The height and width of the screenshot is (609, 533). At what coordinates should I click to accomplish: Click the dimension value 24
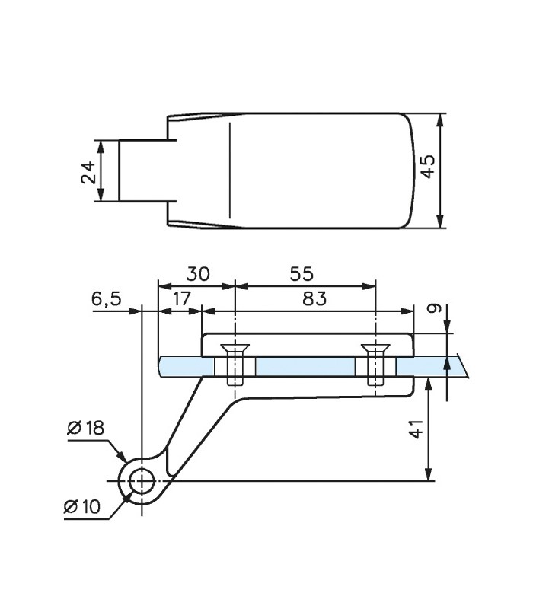88,172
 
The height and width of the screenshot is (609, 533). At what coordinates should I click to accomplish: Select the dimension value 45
429,167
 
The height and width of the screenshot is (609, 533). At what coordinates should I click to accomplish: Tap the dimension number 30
198,274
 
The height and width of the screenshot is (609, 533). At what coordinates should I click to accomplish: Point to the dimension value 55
302,274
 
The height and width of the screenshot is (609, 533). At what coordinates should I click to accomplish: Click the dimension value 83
314,299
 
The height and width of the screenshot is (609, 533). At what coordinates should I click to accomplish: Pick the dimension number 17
181,299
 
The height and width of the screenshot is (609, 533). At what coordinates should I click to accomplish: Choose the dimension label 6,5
107,299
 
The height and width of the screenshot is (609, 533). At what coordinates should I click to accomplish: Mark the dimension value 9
434,308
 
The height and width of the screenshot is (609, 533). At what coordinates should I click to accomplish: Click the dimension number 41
417,429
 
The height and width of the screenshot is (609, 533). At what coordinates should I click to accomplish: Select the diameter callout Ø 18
86,428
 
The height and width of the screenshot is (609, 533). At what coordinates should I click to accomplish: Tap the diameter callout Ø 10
82,506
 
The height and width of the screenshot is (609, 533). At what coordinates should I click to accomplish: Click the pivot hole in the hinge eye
142,481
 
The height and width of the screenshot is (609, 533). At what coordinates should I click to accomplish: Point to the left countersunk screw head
235,348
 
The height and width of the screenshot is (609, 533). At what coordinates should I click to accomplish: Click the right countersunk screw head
375,348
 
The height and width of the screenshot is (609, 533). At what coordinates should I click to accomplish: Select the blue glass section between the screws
305,367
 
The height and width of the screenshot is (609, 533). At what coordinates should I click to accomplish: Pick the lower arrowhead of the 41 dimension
429,474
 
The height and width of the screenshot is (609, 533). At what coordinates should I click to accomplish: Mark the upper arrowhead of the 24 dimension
101,147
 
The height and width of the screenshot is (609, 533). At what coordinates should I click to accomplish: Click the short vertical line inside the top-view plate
230,170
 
